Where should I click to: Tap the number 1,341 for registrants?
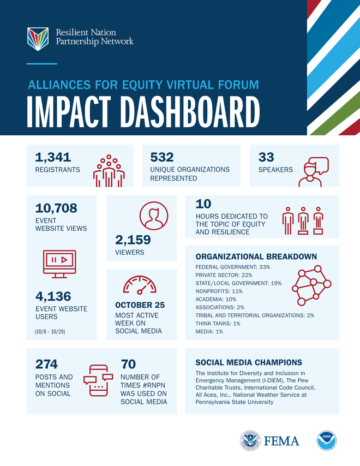click(x=53, y=157)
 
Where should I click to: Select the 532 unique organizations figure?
click(x=162, y=157)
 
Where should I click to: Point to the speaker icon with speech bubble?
click(x=315, y=172)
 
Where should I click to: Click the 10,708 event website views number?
click(x=56, y=208)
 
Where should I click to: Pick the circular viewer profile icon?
click(x=154, y=216)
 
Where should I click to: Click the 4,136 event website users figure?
click(x=53, y=296)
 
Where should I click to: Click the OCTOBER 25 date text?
click(x=140, y=305)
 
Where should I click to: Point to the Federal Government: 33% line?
click(x=232, y=267)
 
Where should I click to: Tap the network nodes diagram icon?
click(x=311, y=285)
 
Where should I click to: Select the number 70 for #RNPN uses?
click(x=128, y=364)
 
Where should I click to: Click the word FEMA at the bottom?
click(x=282, y=441)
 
